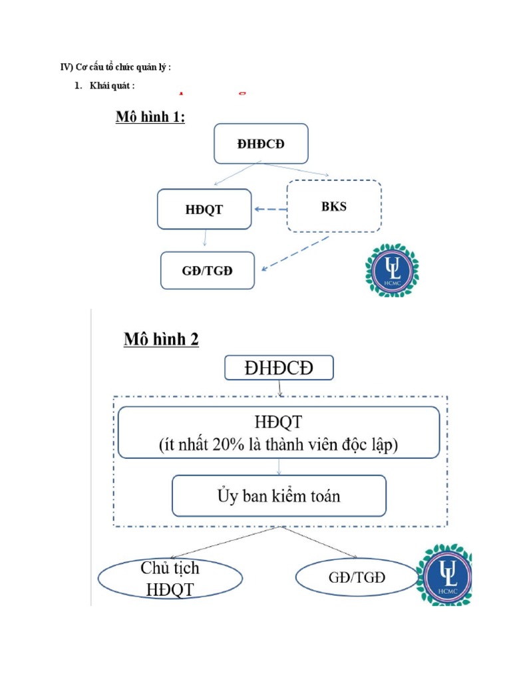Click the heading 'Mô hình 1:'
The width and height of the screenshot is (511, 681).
click(150, 118)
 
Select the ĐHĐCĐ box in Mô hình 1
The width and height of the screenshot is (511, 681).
click(261, 143)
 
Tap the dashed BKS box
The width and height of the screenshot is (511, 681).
click(333, 206)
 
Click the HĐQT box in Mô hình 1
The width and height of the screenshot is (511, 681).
click(204, 209)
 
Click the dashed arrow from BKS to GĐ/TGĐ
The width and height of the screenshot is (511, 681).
click(296, 253)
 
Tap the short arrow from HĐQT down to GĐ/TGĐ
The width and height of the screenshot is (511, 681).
click(205, 239)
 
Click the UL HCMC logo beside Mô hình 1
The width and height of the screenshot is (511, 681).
click(391, 270)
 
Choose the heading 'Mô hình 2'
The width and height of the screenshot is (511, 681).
click(161, 339)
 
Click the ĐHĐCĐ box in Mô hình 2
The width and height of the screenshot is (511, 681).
click(279, 368)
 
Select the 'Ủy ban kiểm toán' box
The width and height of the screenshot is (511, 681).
click(279, 495)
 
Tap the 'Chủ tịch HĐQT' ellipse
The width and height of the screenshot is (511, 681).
click(170, 578)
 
